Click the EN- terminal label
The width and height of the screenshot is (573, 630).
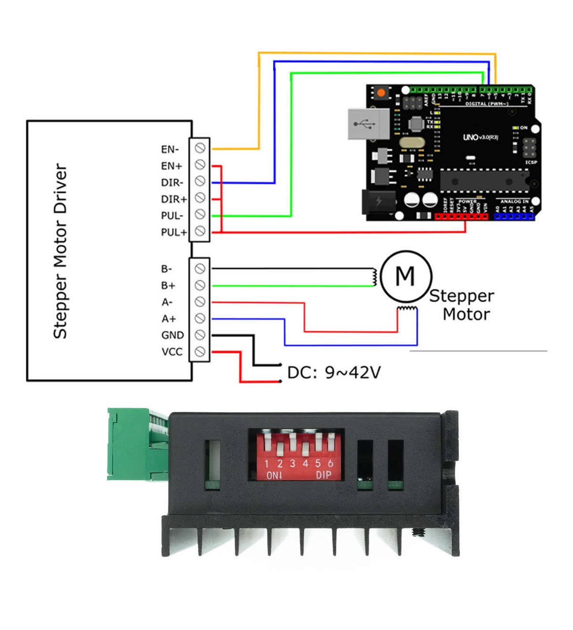(x=170, y=149)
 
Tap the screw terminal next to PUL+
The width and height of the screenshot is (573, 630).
(x=200, y=231)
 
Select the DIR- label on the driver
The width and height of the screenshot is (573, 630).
(x=172, y=182)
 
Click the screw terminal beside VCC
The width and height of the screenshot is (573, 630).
(x=200, y=352)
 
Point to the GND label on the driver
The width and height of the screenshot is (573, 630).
(x=172, y=335)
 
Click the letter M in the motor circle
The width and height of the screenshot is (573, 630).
(x=405, y=276)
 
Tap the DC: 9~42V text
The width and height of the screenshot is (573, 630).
(x=334, y=373)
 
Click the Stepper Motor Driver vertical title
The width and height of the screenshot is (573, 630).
(x=60, y=251)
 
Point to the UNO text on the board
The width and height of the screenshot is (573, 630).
(x=471, y=137)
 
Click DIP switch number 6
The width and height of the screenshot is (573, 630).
(x=331, y=442)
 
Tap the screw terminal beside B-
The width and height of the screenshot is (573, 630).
(x=200, y=268)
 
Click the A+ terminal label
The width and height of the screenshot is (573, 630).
(x=168, y=319)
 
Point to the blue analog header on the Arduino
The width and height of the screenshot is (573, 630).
(x=514, y=216)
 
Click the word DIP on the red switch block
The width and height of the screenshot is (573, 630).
(x=323, y=475)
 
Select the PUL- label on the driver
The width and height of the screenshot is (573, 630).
(x=172, y=215)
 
